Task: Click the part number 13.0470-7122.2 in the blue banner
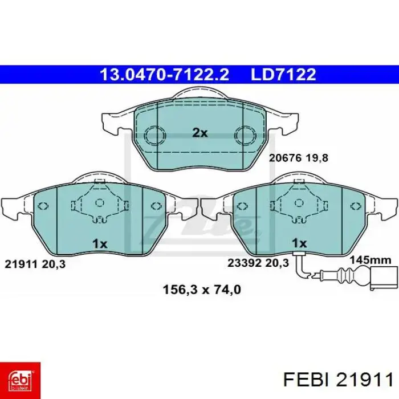(x=164, y=75)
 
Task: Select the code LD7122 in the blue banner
(x=283, y=75)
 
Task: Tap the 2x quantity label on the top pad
(x=199, y=133)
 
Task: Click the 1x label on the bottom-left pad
(x=100, y=244)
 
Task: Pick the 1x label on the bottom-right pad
(x=299, y=243)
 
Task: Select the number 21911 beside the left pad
(x=21, y=264)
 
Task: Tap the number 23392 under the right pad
(x=245, y=263)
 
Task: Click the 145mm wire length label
(x=370, y=260)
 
